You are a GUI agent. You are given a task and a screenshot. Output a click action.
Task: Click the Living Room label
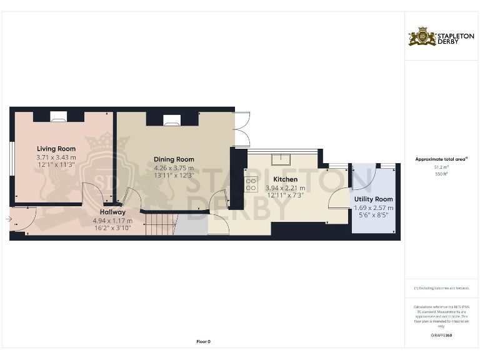point(56,149)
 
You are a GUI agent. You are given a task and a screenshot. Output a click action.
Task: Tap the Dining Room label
point(174,159)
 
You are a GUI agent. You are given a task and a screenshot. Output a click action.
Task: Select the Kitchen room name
point(285,179)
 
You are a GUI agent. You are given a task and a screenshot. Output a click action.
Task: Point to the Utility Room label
point(374,199)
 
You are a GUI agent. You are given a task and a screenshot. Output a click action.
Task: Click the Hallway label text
point(112,212)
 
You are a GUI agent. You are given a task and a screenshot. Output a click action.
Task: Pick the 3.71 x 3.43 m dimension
point(56,157)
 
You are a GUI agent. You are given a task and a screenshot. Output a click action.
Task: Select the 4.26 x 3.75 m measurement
point(174,168)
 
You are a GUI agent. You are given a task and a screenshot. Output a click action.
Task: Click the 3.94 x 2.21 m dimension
point(285,187)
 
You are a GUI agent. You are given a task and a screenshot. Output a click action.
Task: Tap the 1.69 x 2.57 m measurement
point(374,207)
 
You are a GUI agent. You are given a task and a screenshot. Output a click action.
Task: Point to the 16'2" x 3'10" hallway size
point(112,229)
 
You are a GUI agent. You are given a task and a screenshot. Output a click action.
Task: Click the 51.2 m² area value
point(442,167)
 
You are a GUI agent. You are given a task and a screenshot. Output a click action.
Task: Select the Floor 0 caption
point(204,341)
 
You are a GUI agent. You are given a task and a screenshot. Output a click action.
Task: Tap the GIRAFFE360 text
point(441,336)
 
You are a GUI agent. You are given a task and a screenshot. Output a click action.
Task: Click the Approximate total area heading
point(441,159)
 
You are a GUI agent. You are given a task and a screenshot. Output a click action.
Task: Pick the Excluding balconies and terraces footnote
point(441,288)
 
